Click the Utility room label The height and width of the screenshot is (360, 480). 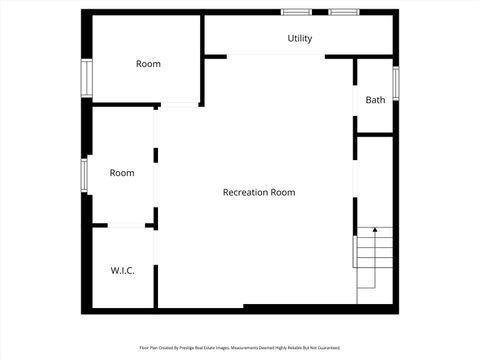tap(300, 39)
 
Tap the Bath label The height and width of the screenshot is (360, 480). tap(375, 100)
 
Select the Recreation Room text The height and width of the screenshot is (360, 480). tap(258, 192)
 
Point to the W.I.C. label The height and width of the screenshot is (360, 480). tap(122, 271)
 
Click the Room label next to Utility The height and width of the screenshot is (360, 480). tap(148, 64)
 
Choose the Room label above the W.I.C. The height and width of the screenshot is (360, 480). tap(122, 173)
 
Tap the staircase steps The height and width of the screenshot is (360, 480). tap(374, 262)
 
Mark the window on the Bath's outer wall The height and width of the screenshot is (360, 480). tap(396, 82)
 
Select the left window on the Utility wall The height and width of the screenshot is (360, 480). tap(295, 12)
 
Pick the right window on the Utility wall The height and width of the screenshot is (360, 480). tap(344, 12)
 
